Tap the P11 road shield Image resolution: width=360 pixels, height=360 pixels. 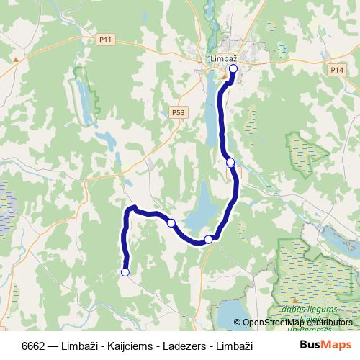point(107,40)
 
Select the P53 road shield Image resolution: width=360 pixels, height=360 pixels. point(179,112)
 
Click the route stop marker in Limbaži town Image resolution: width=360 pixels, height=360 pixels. point(233,69)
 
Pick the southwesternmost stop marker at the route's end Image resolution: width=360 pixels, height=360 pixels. point(125,272)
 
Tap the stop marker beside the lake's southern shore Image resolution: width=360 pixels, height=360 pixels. point(208,239)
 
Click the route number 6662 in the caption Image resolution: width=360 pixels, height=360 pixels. point(35,346)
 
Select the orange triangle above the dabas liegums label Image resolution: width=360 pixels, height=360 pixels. point(294,300)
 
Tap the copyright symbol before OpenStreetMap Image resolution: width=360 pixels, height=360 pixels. point(238,323)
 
